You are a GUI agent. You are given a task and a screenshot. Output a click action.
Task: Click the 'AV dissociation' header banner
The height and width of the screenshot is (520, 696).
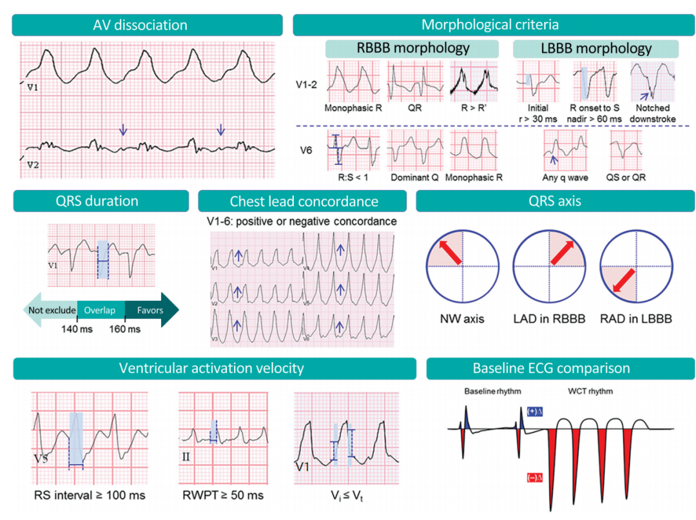[x=148, y=25]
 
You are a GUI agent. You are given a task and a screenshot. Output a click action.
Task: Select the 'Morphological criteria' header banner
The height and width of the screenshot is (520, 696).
[x=490, y=25]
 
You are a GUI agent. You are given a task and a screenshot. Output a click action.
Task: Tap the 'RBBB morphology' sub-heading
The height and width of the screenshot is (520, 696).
[x=413, y=48]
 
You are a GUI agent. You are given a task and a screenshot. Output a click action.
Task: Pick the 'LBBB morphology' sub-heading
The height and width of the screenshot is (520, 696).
[x=595, y=48]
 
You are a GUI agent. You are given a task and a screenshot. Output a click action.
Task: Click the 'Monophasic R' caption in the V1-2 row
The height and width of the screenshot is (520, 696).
[x=354, y=108]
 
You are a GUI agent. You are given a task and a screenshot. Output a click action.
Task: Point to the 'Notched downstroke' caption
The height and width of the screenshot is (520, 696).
[x=652, y=113]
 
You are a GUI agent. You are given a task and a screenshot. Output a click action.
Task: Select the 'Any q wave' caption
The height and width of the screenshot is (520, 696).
[x=564, y=178]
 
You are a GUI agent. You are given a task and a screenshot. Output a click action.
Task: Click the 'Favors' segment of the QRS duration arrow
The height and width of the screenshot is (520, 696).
[x=150, y=310]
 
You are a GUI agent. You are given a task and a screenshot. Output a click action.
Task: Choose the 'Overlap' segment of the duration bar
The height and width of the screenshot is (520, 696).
[x=99, y=310]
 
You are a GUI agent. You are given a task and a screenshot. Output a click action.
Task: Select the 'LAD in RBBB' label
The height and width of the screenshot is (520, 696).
[x=549, y=319]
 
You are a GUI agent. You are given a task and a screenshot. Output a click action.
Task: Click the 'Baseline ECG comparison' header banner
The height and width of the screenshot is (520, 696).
[x=561, y=369]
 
